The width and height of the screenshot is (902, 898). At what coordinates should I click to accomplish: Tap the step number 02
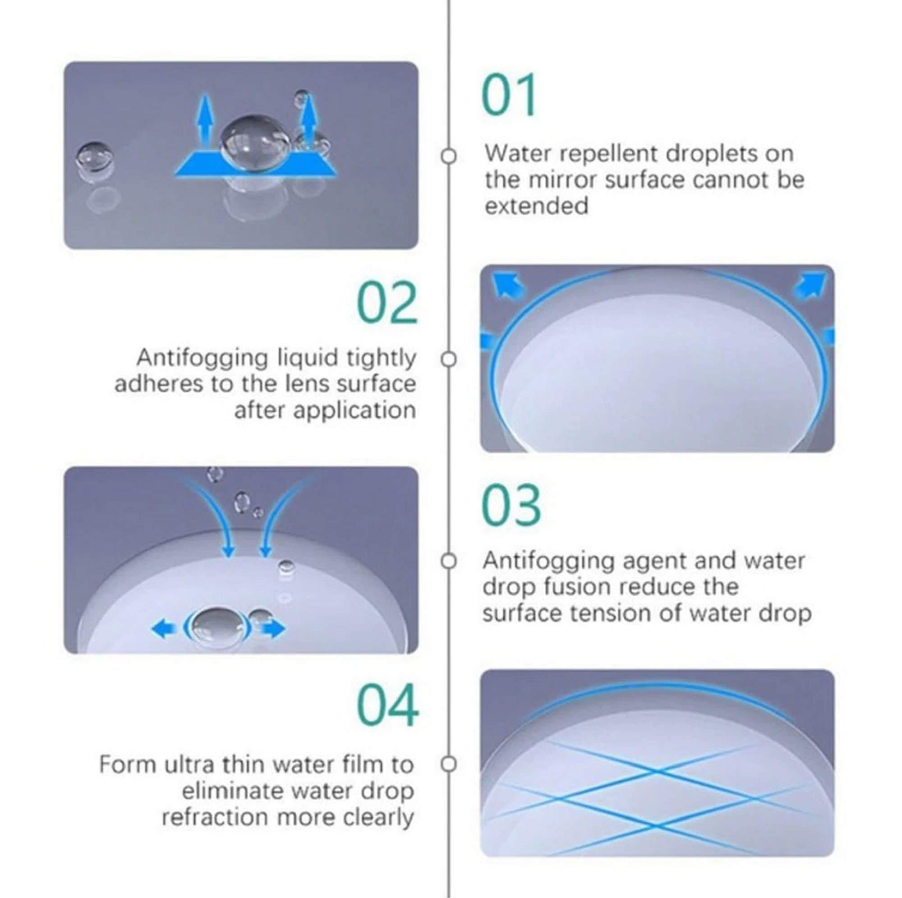tap(387, 303)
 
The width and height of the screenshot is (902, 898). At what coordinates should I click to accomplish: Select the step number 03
tap(511, 505)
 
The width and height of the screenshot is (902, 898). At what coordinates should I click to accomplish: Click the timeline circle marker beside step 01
tap(448, 156)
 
